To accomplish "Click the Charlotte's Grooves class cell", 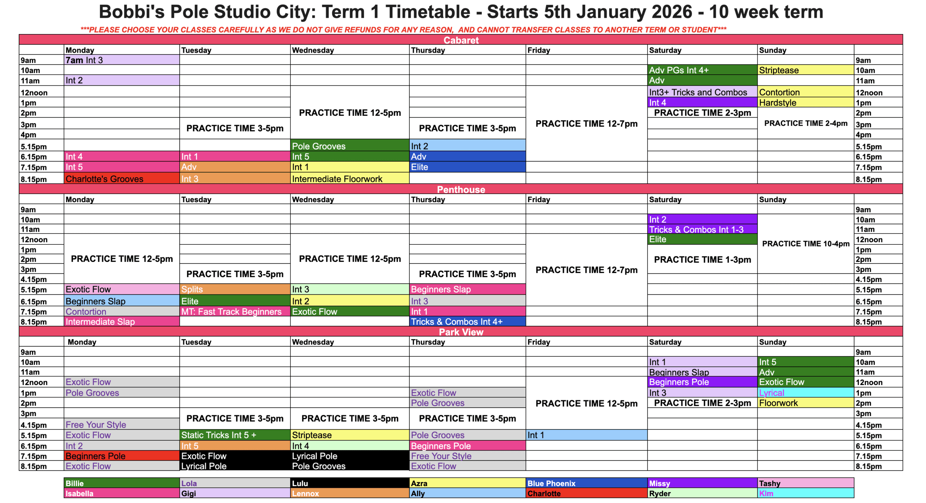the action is (122, 179).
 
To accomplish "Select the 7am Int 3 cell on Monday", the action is (122, 60).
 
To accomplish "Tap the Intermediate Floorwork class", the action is (349, 179).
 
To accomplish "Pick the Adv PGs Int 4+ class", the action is (702, 70).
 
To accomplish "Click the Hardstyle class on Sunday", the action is (806, 102).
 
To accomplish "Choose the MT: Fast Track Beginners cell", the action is (235, 311).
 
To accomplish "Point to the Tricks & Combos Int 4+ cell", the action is (467, 322).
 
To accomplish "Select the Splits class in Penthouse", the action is (235, 289).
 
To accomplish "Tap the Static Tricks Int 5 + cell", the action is (235, 435).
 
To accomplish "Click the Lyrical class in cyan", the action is (806, 393).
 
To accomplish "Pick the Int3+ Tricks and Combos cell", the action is (702, 92).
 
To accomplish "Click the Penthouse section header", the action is (461, 189).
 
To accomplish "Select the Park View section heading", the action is (461, 332).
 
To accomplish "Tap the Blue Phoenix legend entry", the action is (586, 483).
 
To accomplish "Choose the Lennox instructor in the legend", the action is (349, 493).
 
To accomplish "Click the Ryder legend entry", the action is (702, 493).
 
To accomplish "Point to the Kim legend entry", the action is (806, 493).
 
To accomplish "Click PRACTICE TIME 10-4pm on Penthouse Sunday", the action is (806, 244).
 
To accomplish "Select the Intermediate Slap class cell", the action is (122, 322).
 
